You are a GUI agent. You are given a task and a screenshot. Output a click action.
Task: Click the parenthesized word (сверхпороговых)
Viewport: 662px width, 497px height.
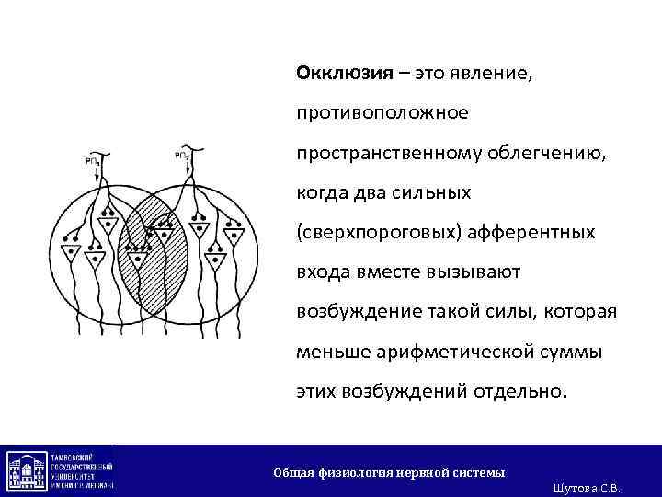click(x=372, y=232)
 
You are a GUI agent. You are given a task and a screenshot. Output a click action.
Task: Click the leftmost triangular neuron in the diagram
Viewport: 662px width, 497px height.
click(x=69, y=250)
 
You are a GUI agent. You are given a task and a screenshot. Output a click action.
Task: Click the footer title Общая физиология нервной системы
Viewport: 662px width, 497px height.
click(x=389, y=472)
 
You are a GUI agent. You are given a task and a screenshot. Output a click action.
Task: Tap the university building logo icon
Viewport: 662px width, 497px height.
click(x=27, y=470)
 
